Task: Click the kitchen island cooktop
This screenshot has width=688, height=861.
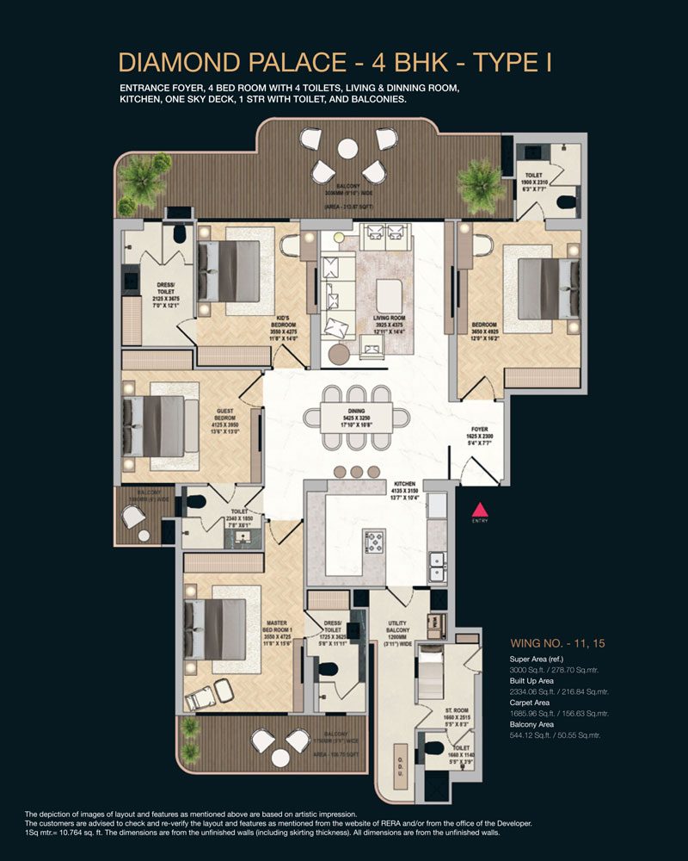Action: click(x=377, y=542)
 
